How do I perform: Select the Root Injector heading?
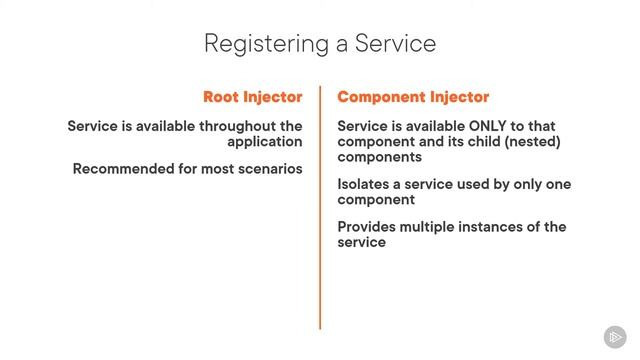[252, 97]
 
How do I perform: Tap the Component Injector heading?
[413, 97]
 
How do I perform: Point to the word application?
[263, 142]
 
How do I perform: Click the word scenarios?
[266, 168]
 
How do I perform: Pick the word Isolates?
[366, 184]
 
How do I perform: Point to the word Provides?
[368, 226]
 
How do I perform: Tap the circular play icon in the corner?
[615, 337]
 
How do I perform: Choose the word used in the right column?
[493, 184]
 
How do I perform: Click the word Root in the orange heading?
[222, 97]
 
